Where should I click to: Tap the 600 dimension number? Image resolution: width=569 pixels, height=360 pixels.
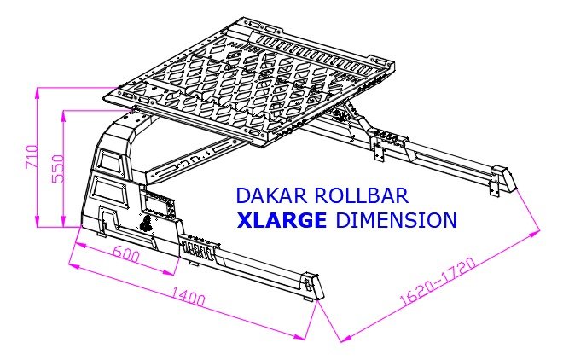pyautogui.click(x=125, y=254)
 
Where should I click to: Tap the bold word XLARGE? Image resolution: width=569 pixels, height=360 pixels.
pyautogui.click(x=282, y=220)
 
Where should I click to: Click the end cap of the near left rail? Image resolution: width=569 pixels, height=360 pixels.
pyautogui.click(x=311, y=283)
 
